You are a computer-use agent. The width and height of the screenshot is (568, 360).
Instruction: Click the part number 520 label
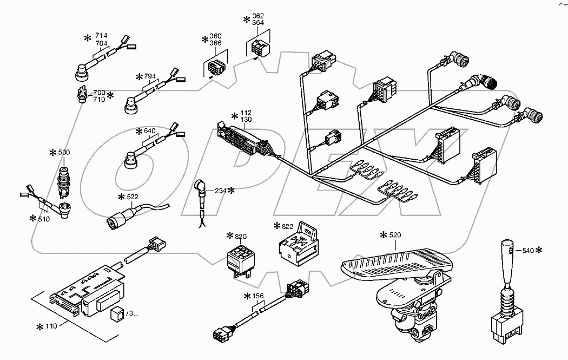395,235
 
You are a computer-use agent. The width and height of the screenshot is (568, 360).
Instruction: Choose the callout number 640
150,131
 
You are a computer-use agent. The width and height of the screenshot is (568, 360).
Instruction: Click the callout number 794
150,76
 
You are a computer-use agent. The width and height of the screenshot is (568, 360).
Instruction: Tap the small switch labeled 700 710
81,93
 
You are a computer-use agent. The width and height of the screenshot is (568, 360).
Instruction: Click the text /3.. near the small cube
131,313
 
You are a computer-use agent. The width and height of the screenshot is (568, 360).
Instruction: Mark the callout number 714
101,36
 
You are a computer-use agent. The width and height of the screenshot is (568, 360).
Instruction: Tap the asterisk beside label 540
538,250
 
